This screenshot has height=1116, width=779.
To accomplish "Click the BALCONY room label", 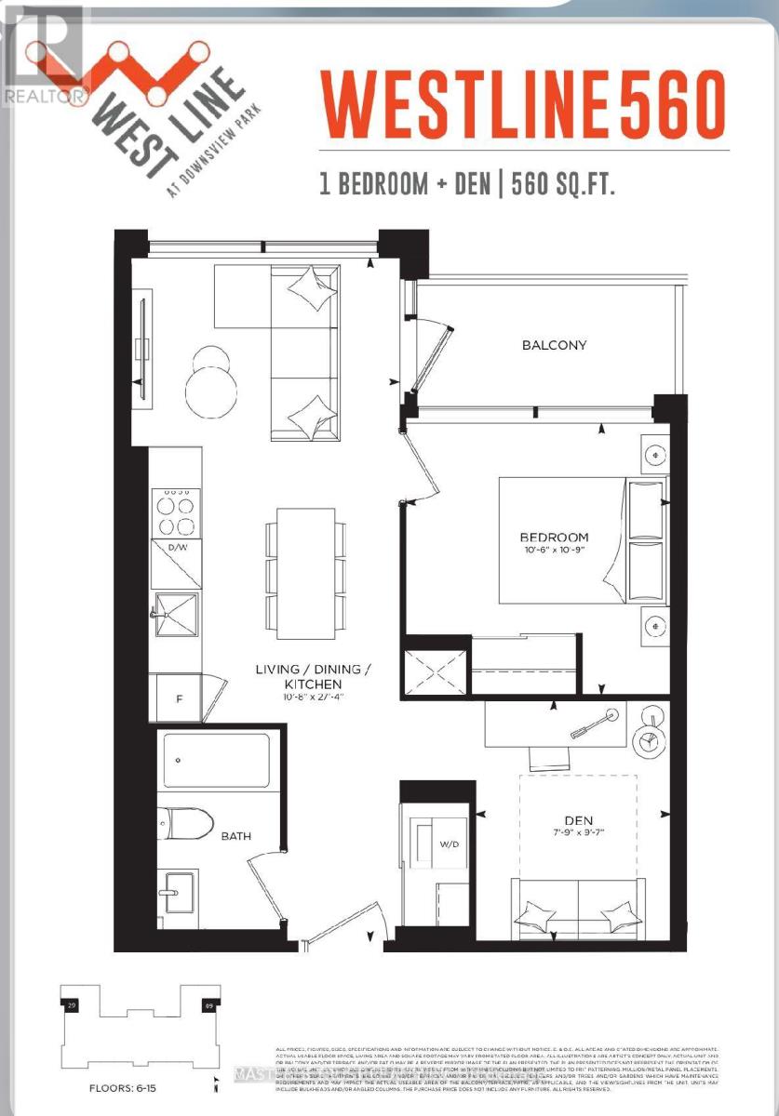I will tap(554, 345).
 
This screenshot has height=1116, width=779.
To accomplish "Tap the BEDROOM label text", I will tap(554, 537).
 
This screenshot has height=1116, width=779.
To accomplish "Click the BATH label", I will tap(235, 836).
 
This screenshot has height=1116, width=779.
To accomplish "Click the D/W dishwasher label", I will tap(177, 547).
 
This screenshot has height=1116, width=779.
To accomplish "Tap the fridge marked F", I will tap(178, 697).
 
